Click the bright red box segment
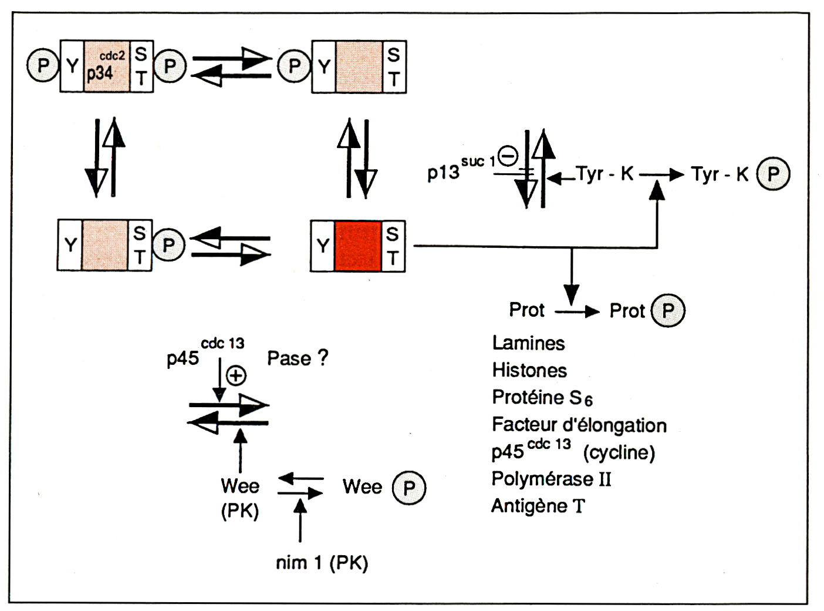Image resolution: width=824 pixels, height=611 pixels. pyautogui.click(x=358, y=246)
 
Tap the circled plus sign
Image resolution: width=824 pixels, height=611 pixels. pyautogui.click(x=236, y=375)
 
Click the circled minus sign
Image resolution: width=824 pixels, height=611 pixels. pyautogui.click(x=508, y=156)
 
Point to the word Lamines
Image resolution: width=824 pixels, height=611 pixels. pyautogui.click(x=528, y=343)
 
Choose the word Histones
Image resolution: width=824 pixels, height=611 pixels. pyautogui.click(x=529, y=370)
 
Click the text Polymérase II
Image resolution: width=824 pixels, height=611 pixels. pyautogui.click(x=551, y=479)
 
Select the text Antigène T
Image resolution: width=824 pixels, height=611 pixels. pyautogui.click(x=538, y=506)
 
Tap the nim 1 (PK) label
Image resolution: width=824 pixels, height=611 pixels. pyautogui.click(x=322, y=563)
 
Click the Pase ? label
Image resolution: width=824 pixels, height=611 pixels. pyautogui.click(x=298, y=358)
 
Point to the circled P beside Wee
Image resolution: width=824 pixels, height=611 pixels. pyautogui.click(x=408, y=488)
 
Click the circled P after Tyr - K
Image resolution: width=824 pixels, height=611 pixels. pyautogui.click(x=773, y=174)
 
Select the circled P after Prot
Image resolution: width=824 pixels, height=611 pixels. pyautogui.click(x=668, y=311)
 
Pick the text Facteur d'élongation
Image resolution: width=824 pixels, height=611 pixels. pyautogui.click(x=579, y=425)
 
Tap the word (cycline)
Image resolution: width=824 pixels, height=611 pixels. pyautogui.click(x=619, y=452)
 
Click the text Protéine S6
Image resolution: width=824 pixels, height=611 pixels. pyautogui.click(x=542, y=398)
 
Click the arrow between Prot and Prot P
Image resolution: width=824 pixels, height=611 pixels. pyautogui.click(x=576, y=311)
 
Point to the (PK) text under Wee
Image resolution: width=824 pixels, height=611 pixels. pyautogui.click(x=239, y=511)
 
